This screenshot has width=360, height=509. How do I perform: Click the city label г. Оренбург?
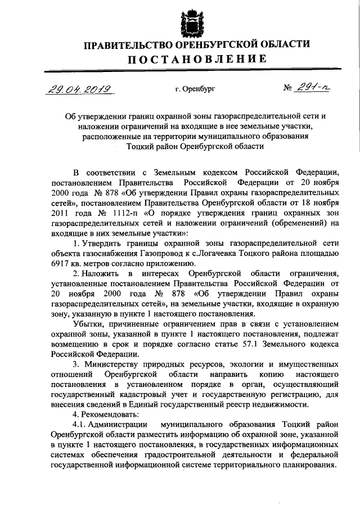(x=195, y=88)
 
